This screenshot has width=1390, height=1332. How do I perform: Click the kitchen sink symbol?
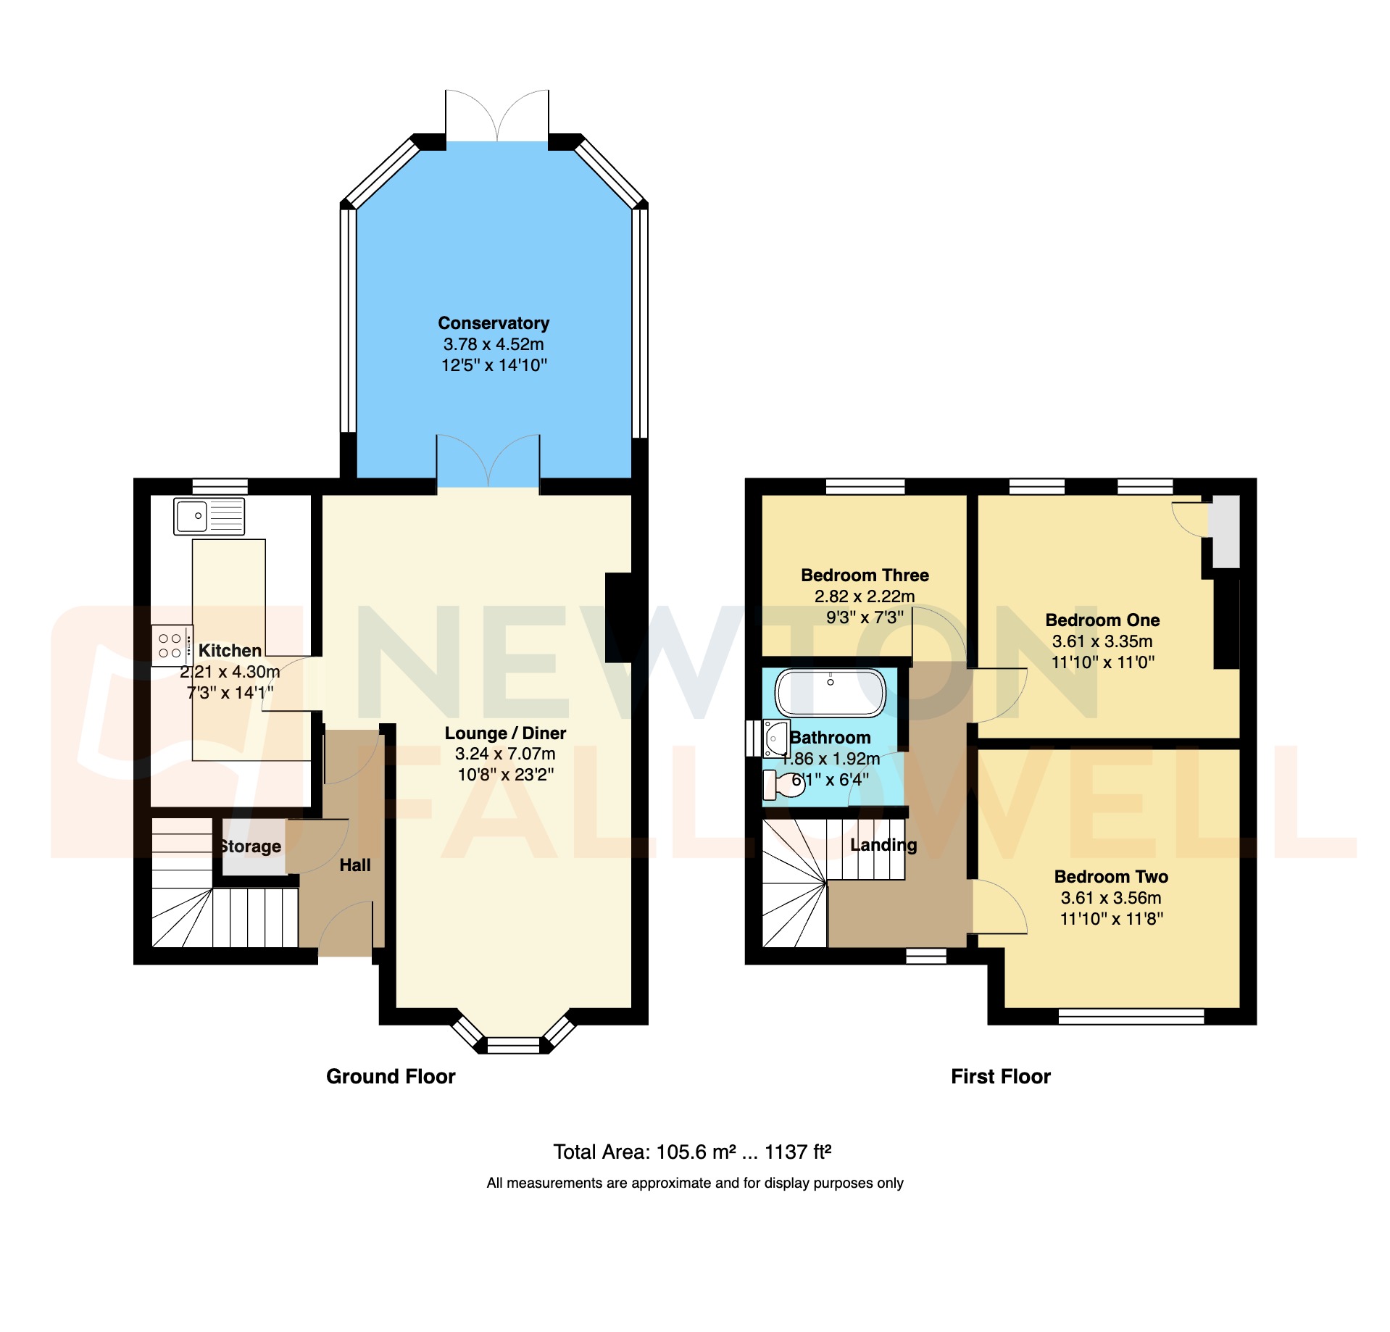(209, 516)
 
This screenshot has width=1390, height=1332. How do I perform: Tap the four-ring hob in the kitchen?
(171, 646)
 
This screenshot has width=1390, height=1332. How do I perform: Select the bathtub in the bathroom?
(830, 693)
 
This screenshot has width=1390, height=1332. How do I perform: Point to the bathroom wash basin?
(775, 738)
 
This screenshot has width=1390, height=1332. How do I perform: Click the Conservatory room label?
(494, 323)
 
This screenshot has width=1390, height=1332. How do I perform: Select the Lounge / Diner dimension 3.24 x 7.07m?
(505, 754)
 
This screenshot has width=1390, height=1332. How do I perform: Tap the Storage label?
(251, 846)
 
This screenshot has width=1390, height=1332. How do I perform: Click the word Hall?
(354, 865)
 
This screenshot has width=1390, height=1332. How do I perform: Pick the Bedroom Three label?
(865, 575)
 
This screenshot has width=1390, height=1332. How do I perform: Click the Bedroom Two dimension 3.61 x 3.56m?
(1111, 898)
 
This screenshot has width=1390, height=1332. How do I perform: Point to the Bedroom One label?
(1102, 620)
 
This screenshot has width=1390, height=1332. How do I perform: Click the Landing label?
(883, 845)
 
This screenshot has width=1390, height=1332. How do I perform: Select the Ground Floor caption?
(391, 1076)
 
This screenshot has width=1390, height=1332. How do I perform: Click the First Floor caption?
(1000, 1076)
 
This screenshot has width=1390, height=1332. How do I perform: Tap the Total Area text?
(692, 1152)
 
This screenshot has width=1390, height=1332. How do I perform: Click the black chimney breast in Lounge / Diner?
(618, 617)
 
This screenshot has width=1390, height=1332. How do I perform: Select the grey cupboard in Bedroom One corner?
(1225, 532)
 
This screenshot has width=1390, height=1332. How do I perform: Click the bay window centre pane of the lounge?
(513, 1044)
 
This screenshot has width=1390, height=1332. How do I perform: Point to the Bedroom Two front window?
(1131, 1016)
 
